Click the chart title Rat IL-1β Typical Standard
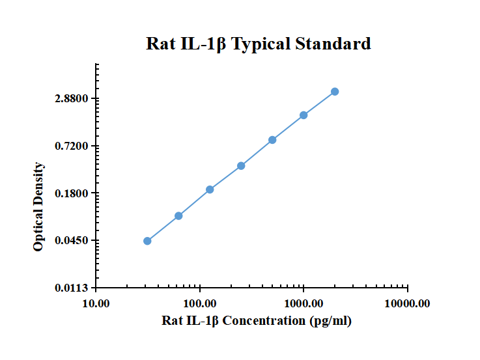pos(259,44)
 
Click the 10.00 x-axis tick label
pos(96,303)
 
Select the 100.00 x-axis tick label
pos(200,303)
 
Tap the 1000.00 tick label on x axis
pos(304,303)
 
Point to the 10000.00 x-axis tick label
pos(407,303)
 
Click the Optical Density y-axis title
pos(39,207)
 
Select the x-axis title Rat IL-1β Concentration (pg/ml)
pos(257,320)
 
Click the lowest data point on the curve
pos(147,241)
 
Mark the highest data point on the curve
pos(335,92)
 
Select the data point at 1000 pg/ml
pos(304,115)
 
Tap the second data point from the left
pos(178,215)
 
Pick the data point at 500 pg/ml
pos(272,140)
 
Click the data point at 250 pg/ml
pos(241,165)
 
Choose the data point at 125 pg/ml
pos(210,189)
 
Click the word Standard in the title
pos(333,44)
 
